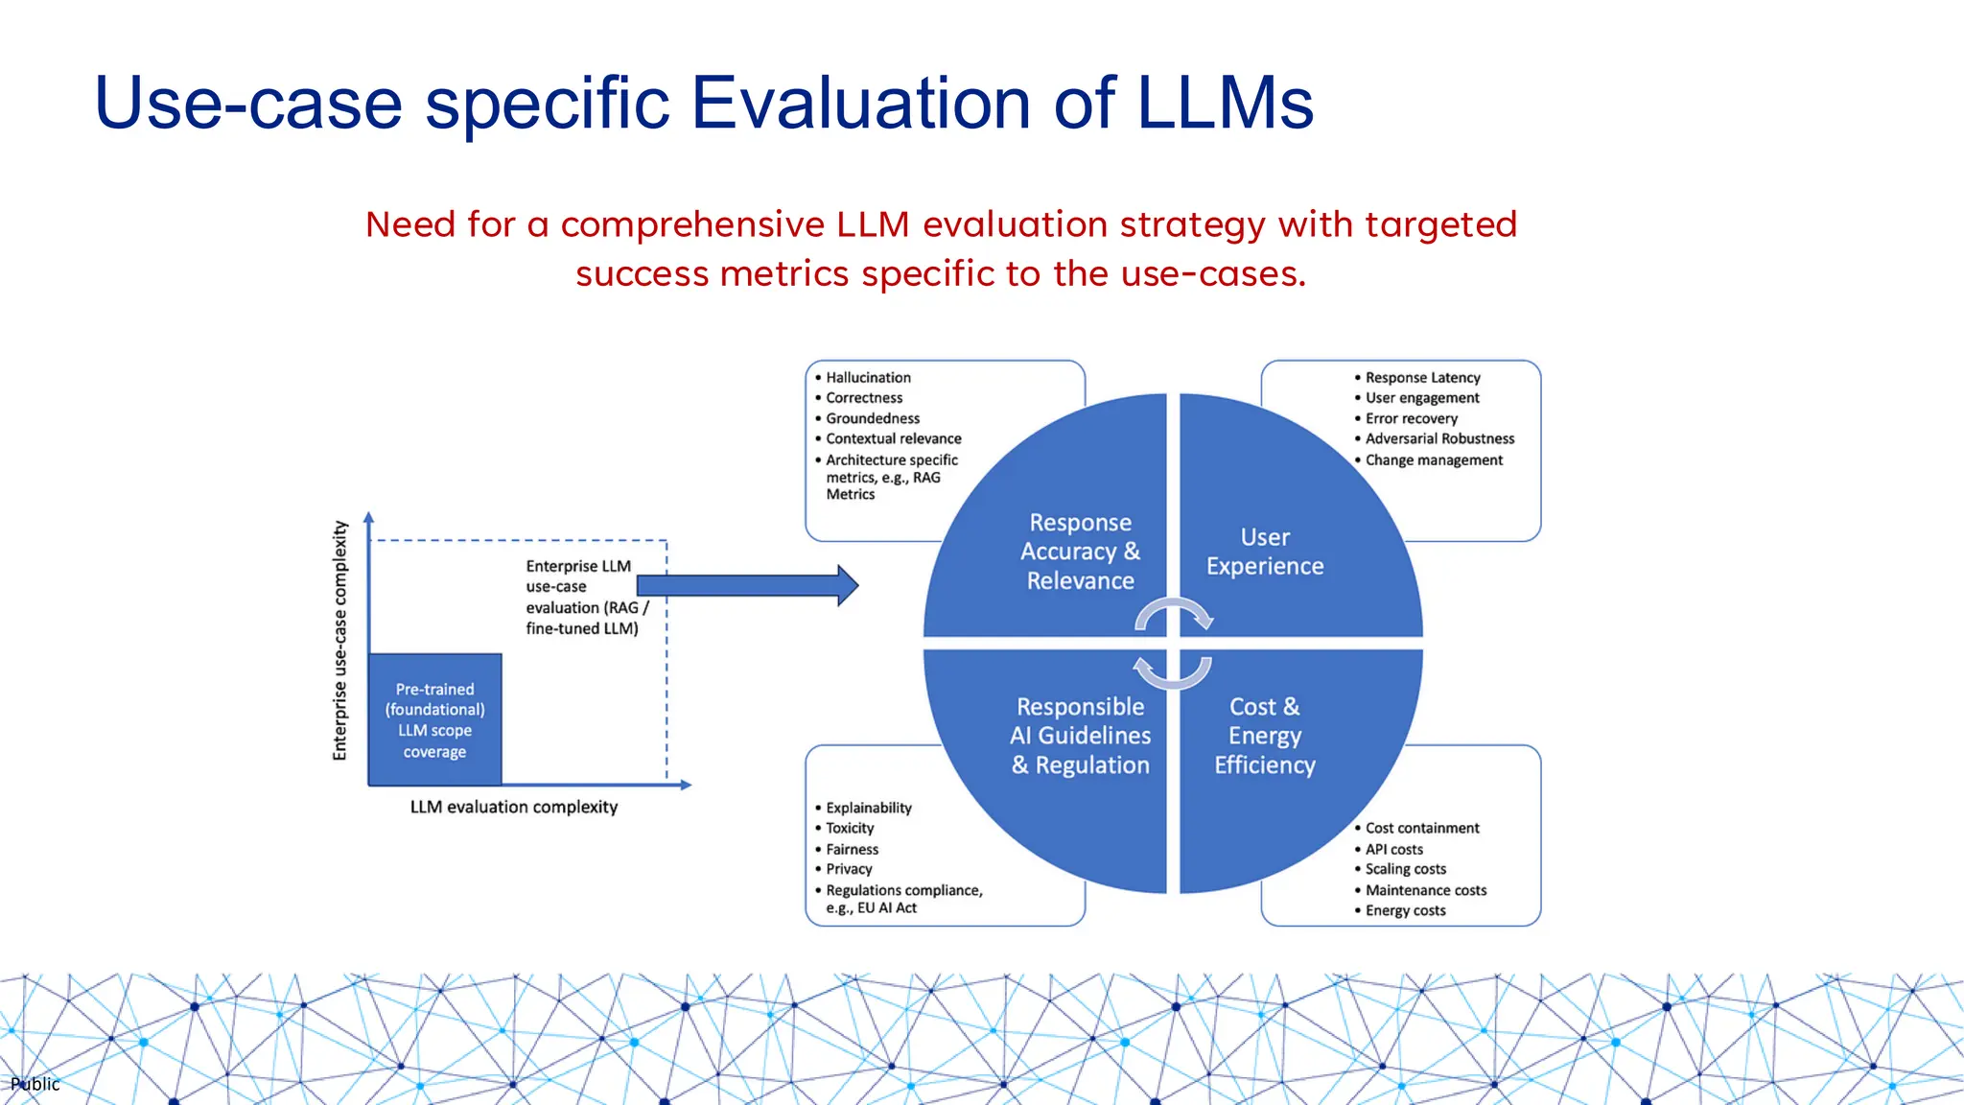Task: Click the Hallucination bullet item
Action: click(x=868, y=378)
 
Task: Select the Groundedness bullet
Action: click(x=873, y=418)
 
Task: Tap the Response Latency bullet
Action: click(x=1422, y=378)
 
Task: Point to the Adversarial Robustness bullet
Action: click(x=1439, y=438)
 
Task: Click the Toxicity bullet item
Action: click(x=850, y=828)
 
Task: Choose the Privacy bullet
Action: click(x=849, y=869)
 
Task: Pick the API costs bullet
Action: click(x=1393, y=849)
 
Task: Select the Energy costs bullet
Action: click(x=1405, y=910)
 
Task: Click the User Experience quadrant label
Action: click(x=1265, y=552)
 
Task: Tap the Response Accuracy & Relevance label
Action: click(x=1080, y=552)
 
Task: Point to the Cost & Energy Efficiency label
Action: click(x=1265, y=736)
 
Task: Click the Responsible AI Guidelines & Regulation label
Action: click(x=1080, y=736)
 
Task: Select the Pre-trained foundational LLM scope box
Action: click(x=435, y=719)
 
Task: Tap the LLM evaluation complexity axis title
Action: click(x=514, y=807)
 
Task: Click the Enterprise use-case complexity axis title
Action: click(x=339, y=641)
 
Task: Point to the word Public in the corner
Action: click(x=35, y=1084)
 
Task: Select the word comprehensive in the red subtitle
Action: click(x=692, y=224)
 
